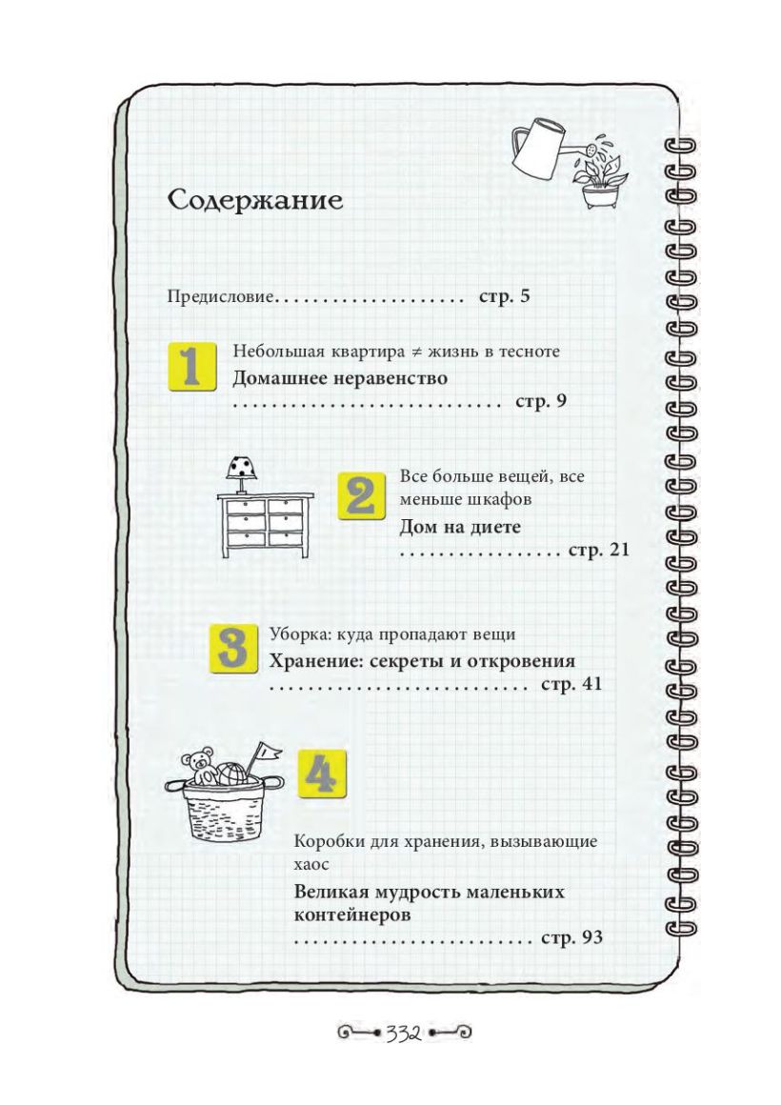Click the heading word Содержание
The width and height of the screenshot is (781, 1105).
coord(255,201)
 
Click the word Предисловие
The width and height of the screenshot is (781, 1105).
coord(221,296)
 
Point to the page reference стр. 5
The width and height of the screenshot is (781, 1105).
coord(504,296)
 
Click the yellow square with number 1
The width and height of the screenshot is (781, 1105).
coord(191,367)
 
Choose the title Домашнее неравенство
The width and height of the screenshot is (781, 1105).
coord(340,378)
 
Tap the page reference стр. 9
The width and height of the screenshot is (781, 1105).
coord(541,402)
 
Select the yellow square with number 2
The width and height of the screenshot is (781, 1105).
coord(362,496)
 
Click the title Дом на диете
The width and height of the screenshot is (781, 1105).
coord(460,527)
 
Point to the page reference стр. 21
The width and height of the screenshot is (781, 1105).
coord(598,550)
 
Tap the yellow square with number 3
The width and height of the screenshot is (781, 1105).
coord(233,649)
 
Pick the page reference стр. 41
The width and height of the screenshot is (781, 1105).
coord(571,684)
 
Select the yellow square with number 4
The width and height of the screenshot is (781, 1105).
coord(322,773)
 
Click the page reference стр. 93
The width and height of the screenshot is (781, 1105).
coord(571,938)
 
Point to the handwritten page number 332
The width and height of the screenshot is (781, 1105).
coord(403,1034)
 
